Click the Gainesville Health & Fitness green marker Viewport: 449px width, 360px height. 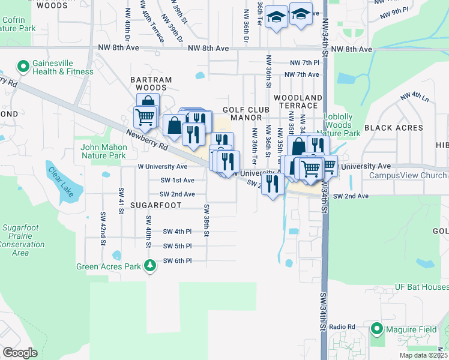point(23,66)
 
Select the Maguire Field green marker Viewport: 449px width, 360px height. point(377,328)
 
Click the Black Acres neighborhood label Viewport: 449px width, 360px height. point(394,128)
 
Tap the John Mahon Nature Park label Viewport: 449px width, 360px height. point(104,151)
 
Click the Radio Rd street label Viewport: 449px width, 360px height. point(343,326)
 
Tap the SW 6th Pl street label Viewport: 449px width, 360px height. point(178,261)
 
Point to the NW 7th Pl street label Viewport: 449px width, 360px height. point(304,62)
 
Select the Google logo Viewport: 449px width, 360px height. point(20,352)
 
